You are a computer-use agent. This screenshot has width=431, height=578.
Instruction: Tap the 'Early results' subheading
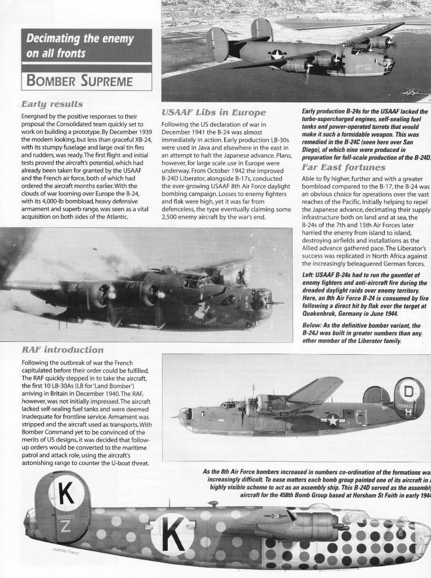tap(53, 105)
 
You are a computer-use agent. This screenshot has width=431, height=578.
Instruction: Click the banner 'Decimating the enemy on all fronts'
tap(77, 47)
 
